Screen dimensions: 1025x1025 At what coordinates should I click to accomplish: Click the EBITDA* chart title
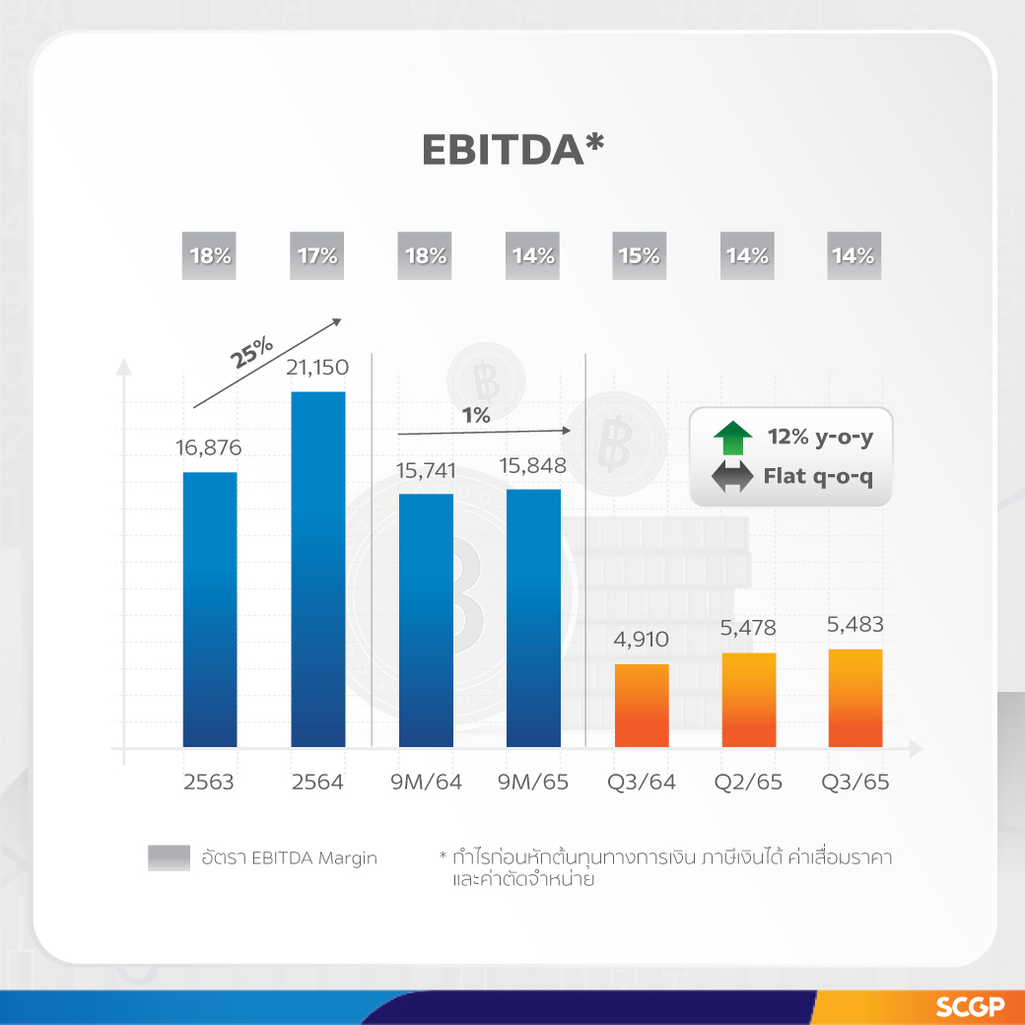[512, 149]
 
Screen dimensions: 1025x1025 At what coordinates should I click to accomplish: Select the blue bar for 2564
[317, 569]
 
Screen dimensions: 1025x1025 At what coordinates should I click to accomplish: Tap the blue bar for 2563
[210, 609]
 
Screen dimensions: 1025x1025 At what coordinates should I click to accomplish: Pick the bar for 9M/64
[426, 620]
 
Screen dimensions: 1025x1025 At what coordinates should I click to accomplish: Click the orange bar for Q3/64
[642, 705]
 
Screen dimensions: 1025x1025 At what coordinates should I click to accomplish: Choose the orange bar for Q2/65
[748, 699]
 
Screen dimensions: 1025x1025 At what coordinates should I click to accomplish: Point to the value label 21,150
[317, 368]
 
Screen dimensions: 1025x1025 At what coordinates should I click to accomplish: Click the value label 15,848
[533, 465]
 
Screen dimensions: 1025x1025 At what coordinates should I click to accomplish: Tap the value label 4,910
[641, 640]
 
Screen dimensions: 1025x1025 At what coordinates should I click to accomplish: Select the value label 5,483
[855, 625]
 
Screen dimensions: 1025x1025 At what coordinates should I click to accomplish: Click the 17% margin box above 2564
[317, 256]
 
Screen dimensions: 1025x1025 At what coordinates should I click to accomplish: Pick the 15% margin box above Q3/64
[639, 256]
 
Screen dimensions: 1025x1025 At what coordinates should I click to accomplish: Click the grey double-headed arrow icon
[731, 479]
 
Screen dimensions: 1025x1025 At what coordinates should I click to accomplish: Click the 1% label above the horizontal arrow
[476, 416]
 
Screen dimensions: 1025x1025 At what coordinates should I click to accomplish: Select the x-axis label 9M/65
[532, 783]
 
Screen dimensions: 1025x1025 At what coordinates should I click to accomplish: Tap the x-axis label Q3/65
[855, 783]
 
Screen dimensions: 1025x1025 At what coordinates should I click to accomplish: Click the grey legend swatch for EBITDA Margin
[169, 857]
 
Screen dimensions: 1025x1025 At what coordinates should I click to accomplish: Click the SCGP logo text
[970, 1007]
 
